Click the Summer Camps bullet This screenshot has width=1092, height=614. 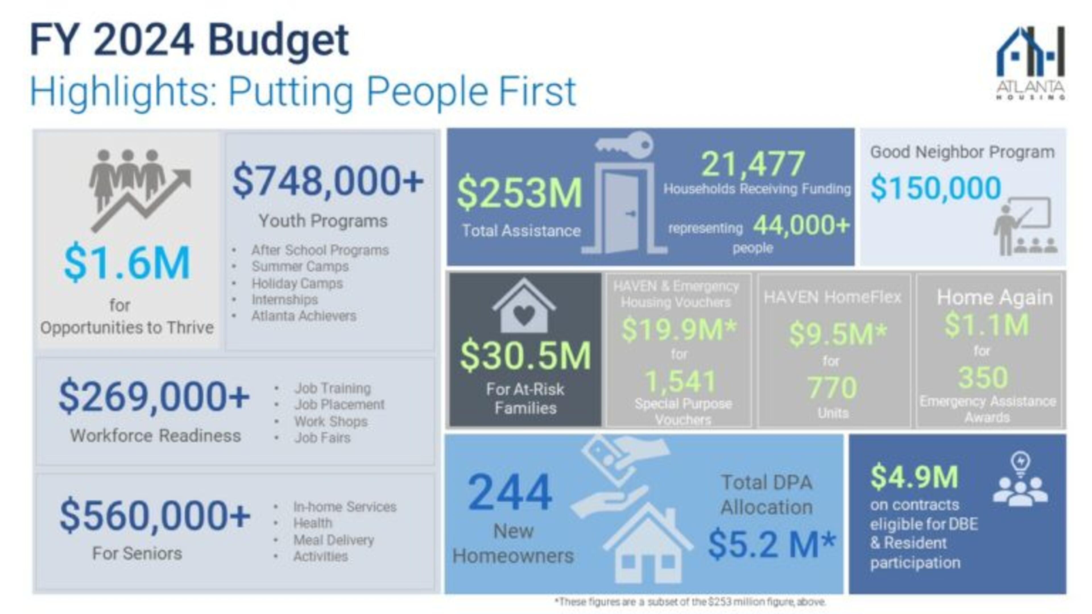pos(300,267)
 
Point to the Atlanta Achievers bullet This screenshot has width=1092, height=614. pos(303,316)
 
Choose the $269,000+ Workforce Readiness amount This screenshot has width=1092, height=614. pos(154,397)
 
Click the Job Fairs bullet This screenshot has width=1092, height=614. pos(322,438)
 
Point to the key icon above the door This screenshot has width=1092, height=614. pos(624,144)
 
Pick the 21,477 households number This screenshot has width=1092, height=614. pos(753,164)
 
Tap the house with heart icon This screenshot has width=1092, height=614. pos(524,306)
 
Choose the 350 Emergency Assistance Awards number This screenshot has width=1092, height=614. pos(983,377)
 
